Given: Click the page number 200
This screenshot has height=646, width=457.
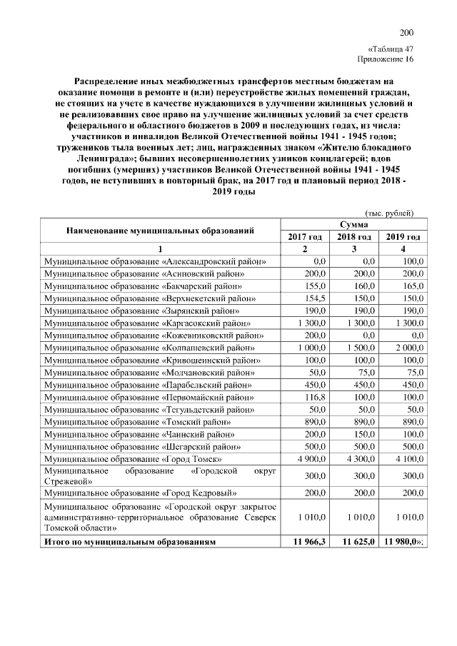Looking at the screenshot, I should point(406,32).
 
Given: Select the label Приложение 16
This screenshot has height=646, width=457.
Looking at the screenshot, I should point(386,59).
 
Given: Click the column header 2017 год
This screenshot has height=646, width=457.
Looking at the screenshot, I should point(305,236).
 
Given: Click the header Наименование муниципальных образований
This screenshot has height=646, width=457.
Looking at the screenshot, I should point(161,231).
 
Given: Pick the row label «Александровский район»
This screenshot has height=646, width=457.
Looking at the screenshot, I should point(156,261).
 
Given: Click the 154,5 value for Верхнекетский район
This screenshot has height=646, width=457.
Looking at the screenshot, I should point(315,298).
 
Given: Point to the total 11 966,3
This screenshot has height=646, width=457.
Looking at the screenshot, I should point(308,542).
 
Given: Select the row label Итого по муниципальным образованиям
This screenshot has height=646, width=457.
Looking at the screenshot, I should point(129,542).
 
